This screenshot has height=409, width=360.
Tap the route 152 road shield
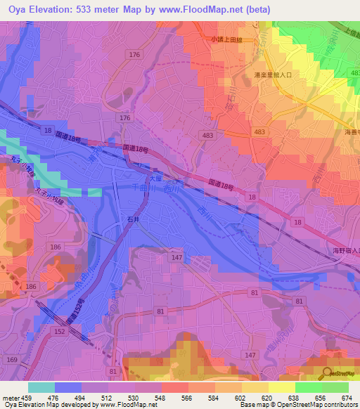coord(59,331)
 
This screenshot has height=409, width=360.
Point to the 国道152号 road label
coord(76,308)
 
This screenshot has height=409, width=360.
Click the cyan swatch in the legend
coord(41,387)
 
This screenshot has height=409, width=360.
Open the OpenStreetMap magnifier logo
coord(326,374)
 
